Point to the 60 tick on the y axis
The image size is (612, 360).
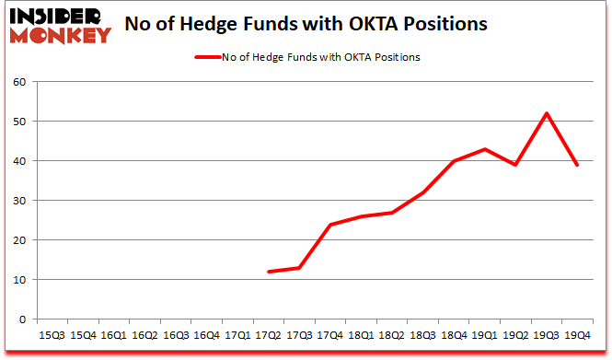(18, 82)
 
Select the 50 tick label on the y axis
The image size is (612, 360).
(18, 122)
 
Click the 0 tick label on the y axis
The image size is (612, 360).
(22, 319)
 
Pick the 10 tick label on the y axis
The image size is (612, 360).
(18, 280)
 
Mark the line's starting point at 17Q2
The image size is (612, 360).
(269, 272)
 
